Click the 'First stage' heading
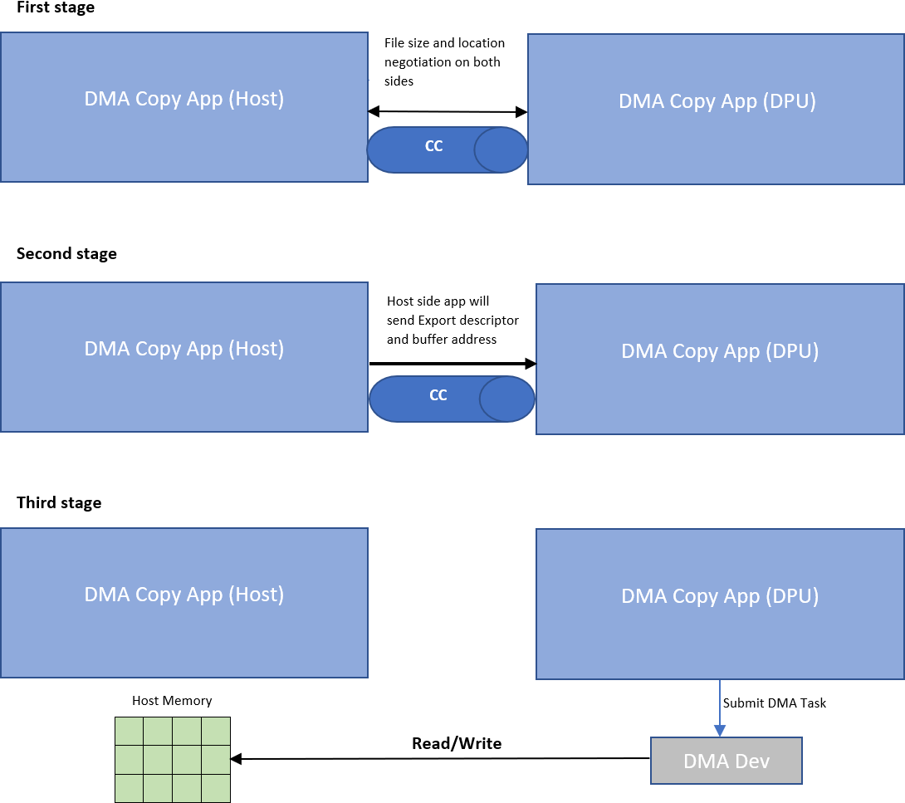click(56, 8)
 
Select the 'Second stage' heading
click(66, 254)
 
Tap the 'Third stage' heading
click(59, 503)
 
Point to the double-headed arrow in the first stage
click(448, 111)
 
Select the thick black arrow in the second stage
click(452, 364)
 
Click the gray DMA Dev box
click(726, 761)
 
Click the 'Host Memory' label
click(172, 701)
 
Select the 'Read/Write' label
click(457, 743)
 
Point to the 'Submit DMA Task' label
click(775, 703)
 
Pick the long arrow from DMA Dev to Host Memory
click(440, 758)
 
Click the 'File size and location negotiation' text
click(444, 61)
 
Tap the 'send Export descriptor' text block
click(452, 320)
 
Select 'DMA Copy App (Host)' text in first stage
click(184, 99)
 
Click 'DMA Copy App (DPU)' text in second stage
click(720, 351)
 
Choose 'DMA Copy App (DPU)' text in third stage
click(720, 596)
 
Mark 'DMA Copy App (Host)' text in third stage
click(184, 595)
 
